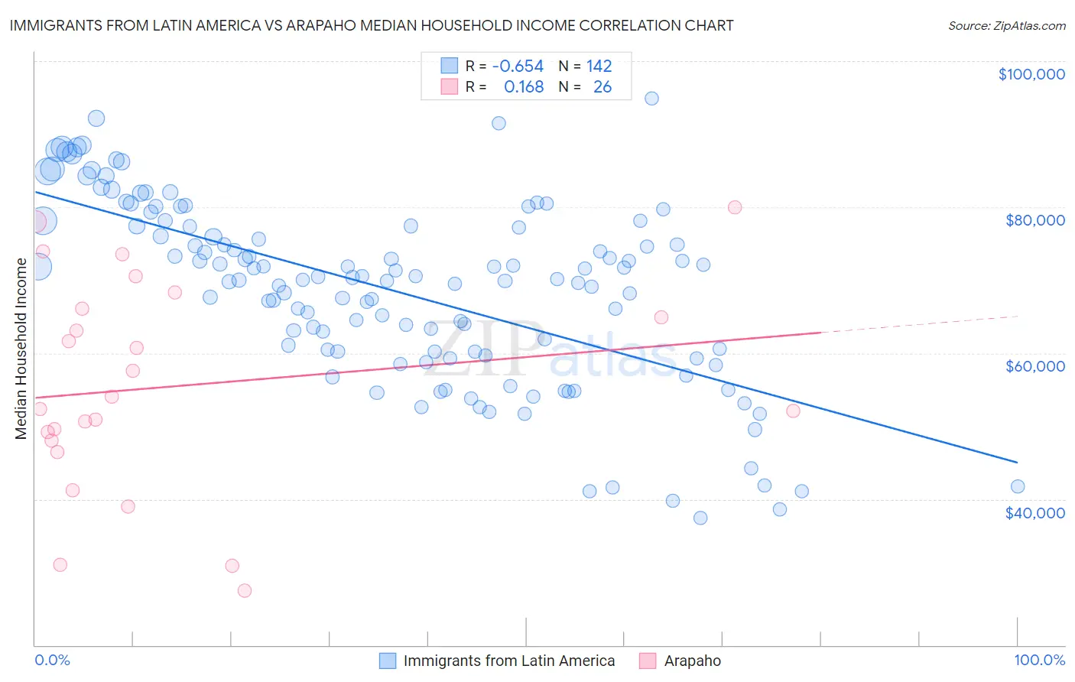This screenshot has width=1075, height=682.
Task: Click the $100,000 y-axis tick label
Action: [1031, 74]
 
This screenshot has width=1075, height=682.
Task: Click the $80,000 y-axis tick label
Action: [1034, 220]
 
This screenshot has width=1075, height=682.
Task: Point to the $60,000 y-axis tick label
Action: [1034, 366]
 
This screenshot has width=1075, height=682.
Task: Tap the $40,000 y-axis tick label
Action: [1034, 512]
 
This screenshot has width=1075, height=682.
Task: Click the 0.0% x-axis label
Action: [52, 660]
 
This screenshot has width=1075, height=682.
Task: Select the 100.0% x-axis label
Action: [1039, 660]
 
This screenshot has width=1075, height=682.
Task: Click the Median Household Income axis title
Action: [21, 349]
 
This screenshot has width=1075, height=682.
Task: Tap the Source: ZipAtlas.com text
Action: [1006, 25]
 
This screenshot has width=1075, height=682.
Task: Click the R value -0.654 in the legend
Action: [518, 66]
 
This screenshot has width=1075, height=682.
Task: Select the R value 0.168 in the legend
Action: [524, 87]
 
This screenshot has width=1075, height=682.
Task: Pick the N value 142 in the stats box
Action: [599, 66]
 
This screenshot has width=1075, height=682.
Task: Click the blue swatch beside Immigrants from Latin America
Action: [388, 661]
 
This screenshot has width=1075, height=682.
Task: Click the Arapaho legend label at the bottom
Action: [692, 661]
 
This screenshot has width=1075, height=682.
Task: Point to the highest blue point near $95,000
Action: [651, 98]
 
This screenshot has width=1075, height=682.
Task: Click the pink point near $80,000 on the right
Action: [735, 207]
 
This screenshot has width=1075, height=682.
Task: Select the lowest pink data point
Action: [245, 590]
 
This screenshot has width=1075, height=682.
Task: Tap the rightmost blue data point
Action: [1018, 486]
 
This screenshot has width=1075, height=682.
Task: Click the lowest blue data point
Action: [700, 518]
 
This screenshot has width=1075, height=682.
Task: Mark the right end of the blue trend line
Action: [1017, 462]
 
